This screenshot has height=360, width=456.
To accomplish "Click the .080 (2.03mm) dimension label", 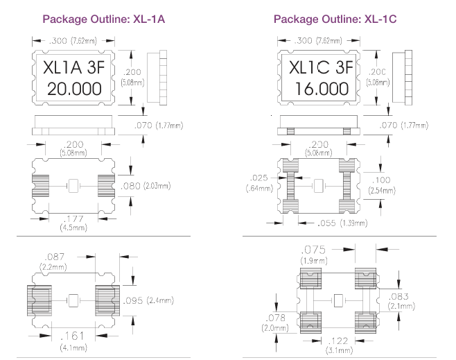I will [152, 185].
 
